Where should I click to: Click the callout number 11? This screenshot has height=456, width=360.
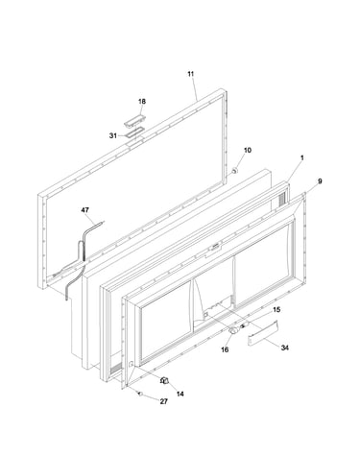(191, 74)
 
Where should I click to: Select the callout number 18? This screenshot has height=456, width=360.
(142, 102)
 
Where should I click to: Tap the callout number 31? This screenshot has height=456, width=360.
(113, 135)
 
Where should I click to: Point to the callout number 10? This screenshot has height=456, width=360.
(248, 150)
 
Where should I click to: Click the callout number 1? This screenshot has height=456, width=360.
(302, 157)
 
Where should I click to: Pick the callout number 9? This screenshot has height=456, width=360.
(320, 181)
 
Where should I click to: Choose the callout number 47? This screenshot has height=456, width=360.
(84, 210)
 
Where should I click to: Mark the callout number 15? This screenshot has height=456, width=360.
(276, 310)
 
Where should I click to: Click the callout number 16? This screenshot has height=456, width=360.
(225, 349)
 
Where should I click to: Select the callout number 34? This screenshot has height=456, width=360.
(284, 348)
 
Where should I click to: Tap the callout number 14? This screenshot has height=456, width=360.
(180, 394)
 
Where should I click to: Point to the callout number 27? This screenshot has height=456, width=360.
(164, 401)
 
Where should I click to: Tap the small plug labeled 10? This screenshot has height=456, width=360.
(234, 171)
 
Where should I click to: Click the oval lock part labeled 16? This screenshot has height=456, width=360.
(234, 330)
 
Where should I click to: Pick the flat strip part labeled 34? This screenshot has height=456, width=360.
(263, 333)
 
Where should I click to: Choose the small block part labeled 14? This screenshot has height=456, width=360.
(165, 380)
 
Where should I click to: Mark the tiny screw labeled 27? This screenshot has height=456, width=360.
(139, 394)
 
